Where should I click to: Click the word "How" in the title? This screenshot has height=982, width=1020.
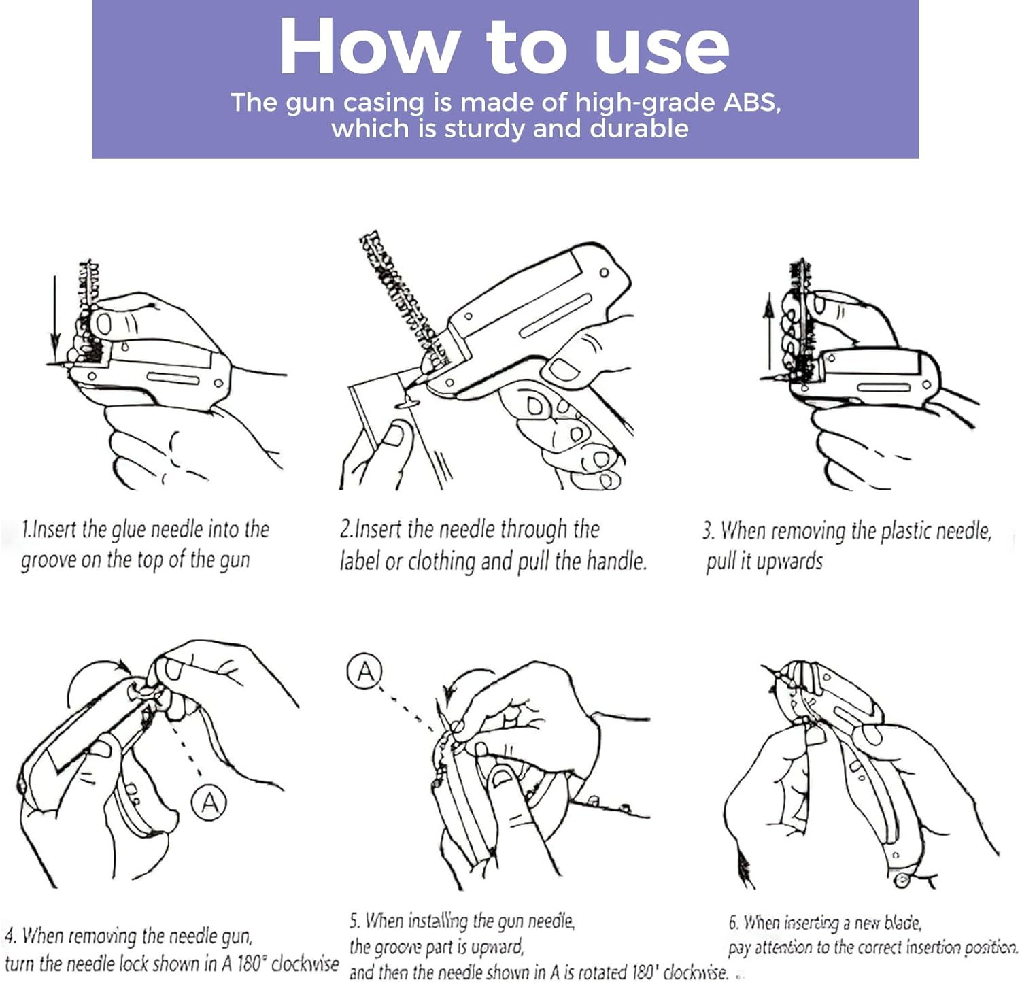click(x=368, y=47)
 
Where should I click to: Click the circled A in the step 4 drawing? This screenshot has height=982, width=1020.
click(x=209, y=802)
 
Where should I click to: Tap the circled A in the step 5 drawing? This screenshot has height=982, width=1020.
click(x=364, y=671)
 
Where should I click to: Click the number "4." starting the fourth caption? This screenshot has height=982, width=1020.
click(x=10, y=936)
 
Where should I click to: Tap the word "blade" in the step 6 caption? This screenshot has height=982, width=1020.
click(x=902, y=923)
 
